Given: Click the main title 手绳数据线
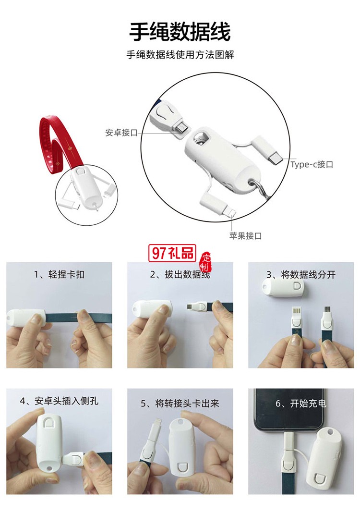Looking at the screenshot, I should pyautogui.click(x=180, y=32).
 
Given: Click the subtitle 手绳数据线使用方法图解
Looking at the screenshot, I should pyautogui.click(x=180, y=55).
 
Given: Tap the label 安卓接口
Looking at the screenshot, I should pyautogui.click(x=121, y=133).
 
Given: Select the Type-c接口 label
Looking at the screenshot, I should pyautogui.click(x=312, y=164).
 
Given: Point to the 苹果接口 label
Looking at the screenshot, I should pyautogui.click(x=245, y=236).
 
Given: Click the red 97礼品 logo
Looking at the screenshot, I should pyautogui.click(x=172, y=253).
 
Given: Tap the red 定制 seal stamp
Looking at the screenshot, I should pyautogui.click(x=205, y=262).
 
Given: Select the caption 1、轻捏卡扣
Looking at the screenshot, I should pyautogui.click(x=59, y=275).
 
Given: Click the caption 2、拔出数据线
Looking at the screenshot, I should pyautogui.click(x=180, y=275).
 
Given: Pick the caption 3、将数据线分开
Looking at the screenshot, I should pyautogui.click(x=301, y=275).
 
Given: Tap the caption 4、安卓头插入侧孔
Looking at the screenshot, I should pyautogui.click(x=59, y=401).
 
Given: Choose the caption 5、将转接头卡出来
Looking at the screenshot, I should pyautogui.click(x=180, y=404).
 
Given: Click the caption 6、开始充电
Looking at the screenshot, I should pyautogui.click(x=301, y=404).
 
